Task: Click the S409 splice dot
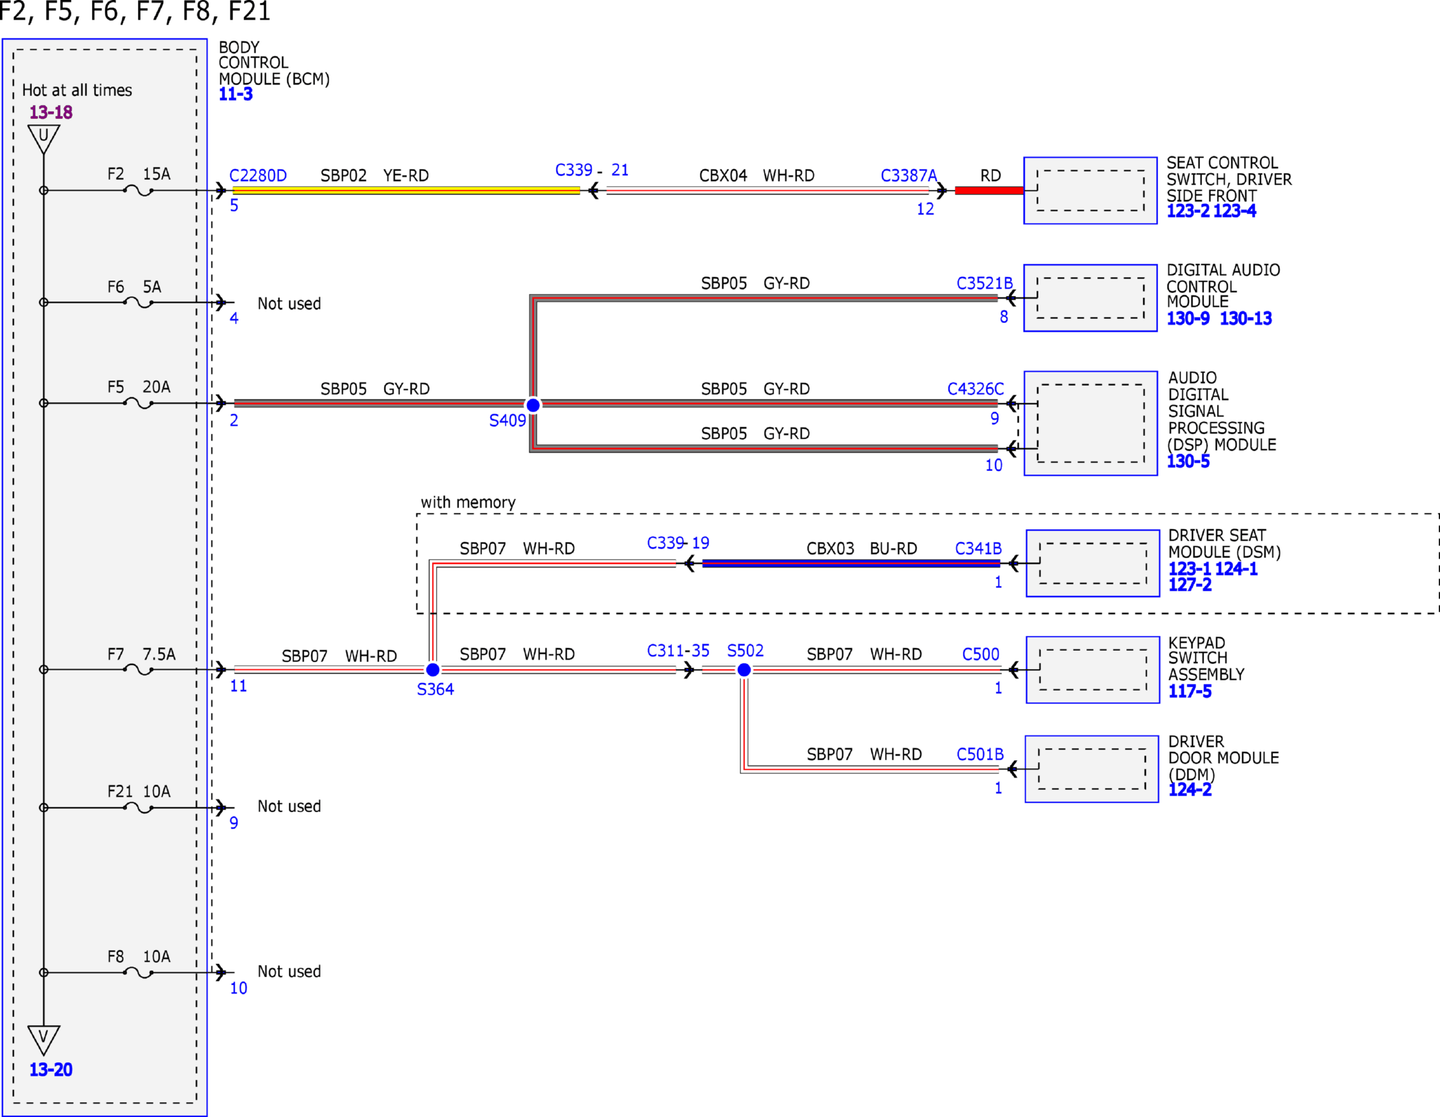pyautogui.click(x=533, y=405)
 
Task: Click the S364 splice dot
pyautogui.click(x=433, y=670)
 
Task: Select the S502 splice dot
pyautogui.click(x=744, y=670)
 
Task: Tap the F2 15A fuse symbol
pyautogui.click(x=139, y=191)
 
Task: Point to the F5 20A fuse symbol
pyautogui.click(x=139, y=403)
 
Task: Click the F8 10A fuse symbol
pyautogui.click(x=139, y=973)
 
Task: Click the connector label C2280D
pyautogui.click(x=258, y=176)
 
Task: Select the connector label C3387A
pyautogui.click(x=909, y=176)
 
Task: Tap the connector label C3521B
pyautogui.click(x=984, y=283)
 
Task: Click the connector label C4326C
pyautogui.click(x=976, y=389)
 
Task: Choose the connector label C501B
pyautogui.click(x=980, y=754)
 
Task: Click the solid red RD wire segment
pyautogui.click(x=989, y=191)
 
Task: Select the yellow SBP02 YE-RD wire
pyautogui.click(x=406, y=191)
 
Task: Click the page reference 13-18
pyautogui.click(x=51, y=112)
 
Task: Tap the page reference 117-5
pyautogui.click(x=1190, y=691)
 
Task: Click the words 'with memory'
pyautogui.click(x=468, y=502)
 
